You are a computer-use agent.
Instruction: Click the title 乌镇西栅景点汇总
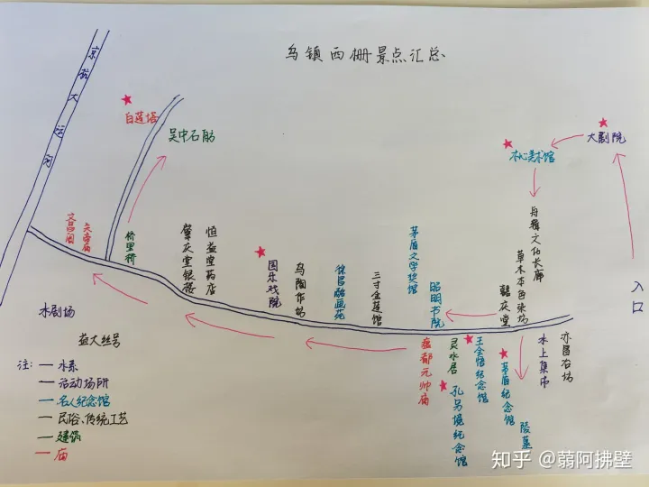coord(361,52)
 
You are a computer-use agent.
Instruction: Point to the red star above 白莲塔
coord(128,99)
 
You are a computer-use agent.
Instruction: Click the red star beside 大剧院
coord(603,124)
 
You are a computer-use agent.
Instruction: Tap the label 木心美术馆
coord(532,156)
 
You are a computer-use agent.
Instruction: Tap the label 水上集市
coord(544,362)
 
